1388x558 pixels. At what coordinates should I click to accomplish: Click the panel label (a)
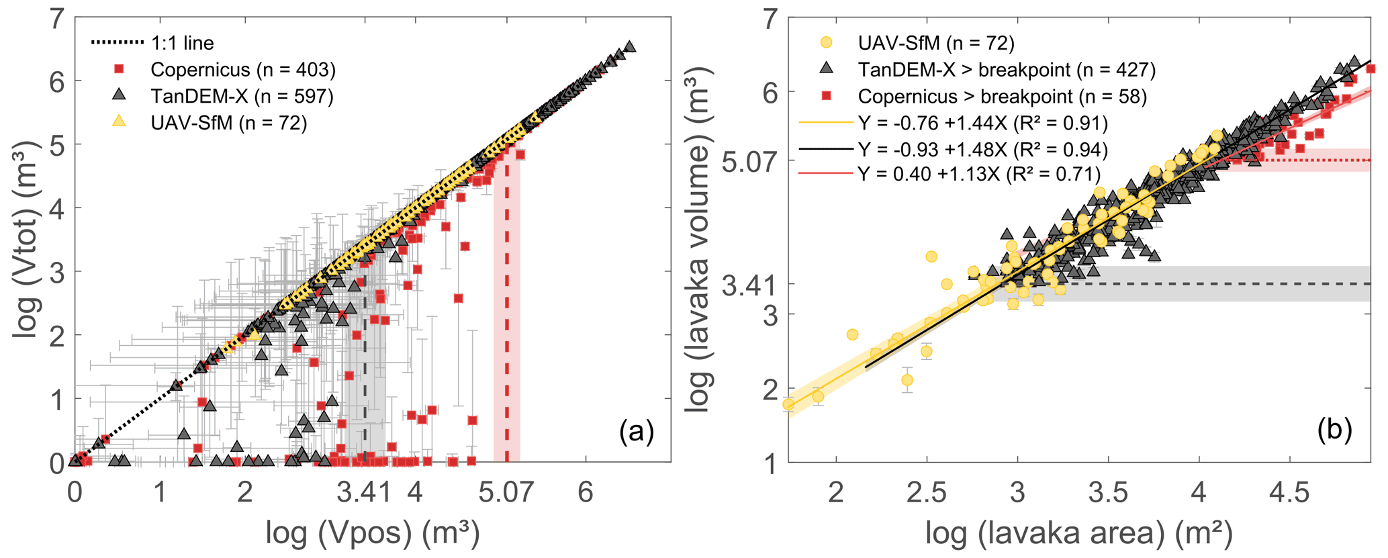[x=636, y=430]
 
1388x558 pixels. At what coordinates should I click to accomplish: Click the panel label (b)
[x=1334, y=430]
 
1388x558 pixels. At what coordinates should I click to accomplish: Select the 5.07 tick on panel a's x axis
[x=506, y=493]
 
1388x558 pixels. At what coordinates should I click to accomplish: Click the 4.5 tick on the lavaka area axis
[x=1290, y=493]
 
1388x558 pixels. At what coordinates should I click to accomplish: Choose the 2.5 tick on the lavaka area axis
[x=927, y=493]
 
